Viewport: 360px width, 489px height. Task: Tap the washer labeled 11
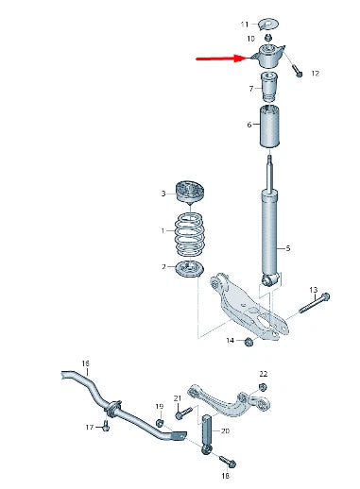coord(268,24)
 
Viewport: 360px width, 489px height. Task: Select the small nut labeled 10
coord(268,38)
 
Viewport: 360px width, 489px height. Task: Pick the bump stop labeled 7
coord(269,87)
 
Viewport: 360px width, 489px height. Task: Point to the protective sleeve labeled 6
coord(269,126)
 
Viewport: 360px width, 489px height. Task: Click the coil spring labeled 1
coord(190,234)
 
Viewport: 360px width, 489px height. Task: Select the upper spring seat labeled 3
coord(190,191)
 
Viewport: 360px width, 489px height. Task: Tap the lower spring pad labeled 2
coord(190,269)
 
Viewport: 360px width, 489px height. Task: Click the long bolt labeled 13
coord(314,303)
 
